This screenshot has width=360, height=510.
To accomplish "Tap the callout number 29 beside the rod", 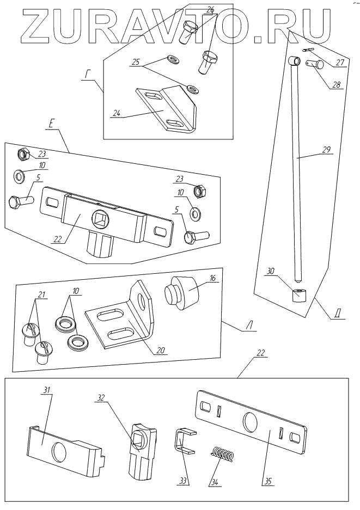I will (x=326, y=150).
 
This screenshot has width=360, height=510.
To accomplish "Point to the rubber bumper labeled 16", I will (x=182, y=293).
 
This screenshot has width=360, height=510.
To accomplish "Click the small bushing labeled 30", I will (x=298, y=296).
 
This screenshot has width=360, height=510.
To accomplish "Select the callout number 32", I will (x=101, y=398).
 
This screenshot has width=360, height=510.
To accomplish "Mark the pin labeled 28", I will (x=316, y=65).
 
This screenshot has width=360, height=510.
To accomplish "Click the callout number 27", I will (x=340, y=62).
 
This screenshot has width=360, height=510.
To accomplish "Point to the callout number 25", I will (x=136, y=63).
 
